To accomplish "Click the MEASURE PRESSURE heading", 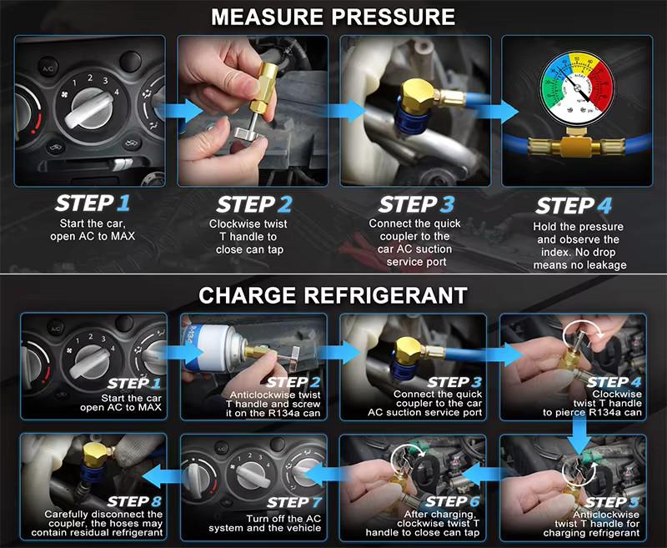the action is click(333, 17).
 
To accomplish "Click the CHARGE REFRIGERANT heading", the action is click(333, 295).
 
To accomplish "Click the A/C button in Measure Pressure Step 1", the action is click(48, 69).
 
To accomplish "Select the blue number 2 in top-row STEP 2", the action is click(285, 204).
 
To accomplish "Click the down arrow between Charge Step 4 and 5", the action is click(579, 435).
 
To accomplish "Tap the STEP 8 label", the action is click(134, 501).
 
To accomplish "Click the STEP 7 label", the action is click(294, 502).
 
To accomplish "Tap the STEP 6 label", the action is click(453, 501).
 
